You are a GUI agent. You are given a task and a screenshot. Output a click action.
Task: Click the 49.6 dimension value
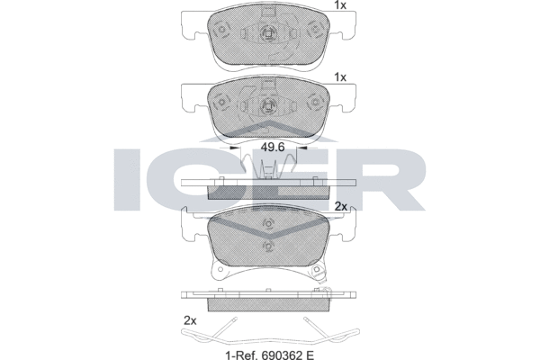pyautogui.click(x=273, y=148)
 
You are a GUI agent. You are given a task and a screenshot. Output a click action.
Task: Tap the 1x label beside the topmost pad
pyautogui.click(x=340, y=5)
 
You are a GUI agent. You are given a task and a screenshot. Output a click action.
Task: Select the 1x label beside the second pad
pyautogui.click(x=340, y=77)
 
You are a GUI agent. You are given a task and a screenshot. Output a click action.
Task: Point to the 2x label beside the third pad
pyautogui.click(x=341, y=206)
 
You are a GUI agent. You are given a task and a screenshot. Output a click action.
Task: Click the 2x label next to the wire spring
pyautogui.click(x=190, y=320)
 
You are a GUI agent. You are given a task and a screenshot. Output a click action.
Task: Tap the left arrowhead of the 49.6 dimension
pyautogui.click(x=235, y=148)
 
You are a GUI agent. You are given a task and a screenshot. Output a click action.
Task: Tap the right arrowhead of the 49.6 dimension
pyautogui.click(x=302, y=148)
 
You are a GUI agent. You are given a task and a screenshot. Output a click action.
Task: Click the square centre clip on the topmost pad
pyautogui.click(x=268, y=33)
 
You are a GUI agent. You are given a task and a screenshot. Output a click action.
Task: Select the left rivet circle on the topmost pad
pyautogui.click(x=221, y=30)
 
